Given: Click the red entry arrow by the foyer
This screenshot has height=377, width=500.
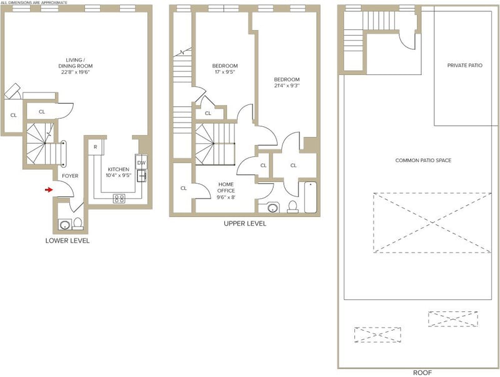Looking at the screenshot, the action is [x=49, y=190].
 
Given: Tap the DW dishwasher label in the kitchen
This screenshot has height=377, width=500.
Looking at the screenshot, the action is [x=141, y=163].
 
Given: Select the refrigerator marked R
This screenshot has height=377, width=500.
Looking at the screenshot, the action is [x=96, y=147].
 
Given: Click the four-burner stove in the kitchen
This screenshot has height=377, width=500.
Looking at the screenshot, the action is [x=119, y=199].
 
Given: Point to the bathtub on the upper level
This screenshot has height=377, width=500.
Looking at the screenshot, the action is [x=310, y=197].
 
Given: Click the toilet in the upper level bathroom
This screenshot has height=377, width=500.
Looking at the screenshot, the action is [x=292, y=207].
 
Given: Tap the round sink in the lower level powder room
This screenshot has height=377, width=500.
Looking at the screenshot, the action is [x=65, y=224].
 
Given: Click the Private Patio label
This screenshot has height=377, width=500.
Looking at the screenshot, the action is [x=464, y=66].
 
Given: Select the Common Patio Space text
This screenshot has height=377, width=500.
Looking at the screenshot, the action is [x=423, y=161].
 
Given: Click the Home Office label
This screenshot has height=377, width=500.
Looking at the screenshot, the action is [x=226, y=188].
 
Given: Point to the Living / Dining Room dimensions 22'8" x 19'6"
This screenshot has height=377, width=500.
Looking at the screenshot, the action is [x=76, y=73].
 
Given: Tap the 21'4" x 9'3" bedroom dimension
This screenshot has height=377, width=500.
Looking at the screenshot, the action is [x=287, y=86].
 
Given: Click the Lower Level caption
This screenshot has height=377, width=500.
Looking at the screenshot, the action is [x=67, y=241].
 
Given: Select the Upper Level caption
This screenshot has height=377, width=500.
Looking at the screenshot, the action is [x=245, y=224].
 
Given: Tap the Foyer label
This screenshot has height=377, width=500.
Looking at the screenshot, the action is [x=70, y=176].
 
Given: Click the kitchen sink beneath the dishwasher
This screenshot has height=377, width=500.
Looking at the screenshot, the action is [x=142, y=176].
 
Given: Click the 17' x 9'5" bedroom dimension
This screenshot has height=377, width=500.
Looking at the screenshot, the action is [x=225, y=72].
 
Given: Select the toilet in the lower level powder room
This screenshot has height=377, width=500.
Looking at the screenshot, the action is [x=77, y=224].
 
